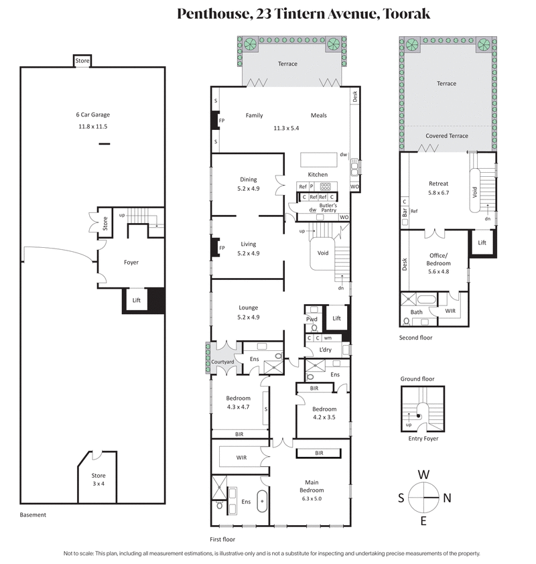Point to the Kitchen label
pos(318,175)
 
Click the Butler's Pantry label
pos(328,208)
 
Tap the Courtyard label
pos(222,362)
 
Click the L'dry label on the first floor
pos(326,350)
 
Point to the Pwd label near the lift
pos(312,320)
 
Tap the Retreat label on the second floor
pos(438,184)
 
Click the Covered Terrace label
pos(446,136)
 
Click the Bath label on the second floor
pos(417,312)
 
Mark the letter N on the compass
pos(447,498)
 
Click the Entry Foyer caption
pos(419,438)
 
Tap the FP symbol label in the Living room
pos(222,248)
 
